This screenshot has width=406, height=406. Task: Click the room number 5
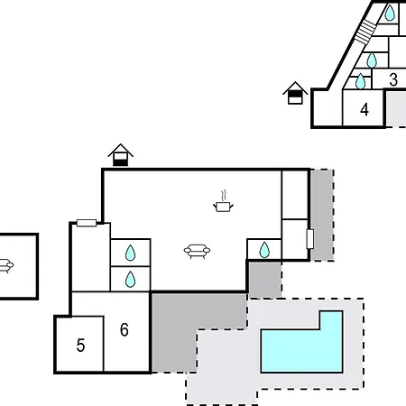point(80,346)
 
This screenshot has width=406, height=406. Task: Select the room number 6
point(125,329)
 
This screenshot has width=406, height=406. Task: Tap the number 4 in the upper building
point(364,109)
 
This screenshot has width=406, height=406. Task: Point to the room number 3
point(393,79)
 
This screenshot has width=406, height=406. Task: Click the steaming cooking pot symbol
point(223,201)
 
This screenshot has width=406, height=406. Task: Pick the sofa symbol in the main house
point(197,252)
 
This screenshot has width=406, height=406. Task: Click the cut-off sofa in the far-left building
point(6,265)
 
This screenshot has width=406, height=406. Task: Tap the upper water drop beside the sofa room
point(130,253)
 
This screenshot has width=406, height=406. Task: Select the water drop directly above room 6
point(130,279)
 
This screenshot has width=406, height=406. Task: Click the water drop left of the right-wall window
point(264,250)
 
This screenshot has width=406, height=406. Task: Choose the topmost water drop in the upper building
point(390,13)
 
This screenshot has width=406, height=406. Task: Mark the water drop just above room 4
point(360,81)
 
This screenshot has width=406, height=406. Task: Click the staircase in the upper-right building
point(365,32)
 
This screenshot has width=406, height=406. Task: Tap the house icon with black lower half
point(120,155)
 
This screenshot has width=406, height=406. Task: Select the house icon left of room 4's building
point(295,93)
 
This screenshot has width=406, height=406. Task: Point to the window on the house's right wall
point(310,239)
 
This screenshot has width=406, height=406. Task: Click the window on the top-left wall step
point(87,223)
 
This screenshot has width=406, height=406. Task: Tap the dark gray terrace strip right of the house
point(322,215)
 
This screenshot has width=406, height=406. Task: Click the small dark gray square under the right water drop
point(265,280)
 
